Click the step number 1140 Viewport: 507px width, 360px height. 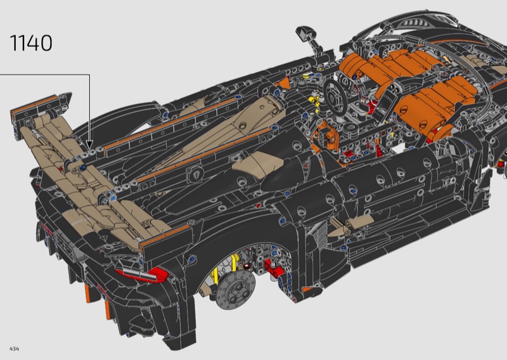(x=31, y=42)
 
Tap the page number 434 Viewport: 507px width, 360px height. (x=14, y=349)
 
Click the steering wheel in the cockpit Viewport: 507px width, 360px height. (x=336, y=96)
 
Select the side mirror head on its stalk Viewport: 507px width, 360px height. (x=305, y=32)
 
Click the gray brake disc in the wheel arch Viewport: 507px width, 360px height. (x=235, y=290)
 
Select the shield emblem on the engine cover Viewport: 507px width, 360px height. (x=196, y=174)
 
